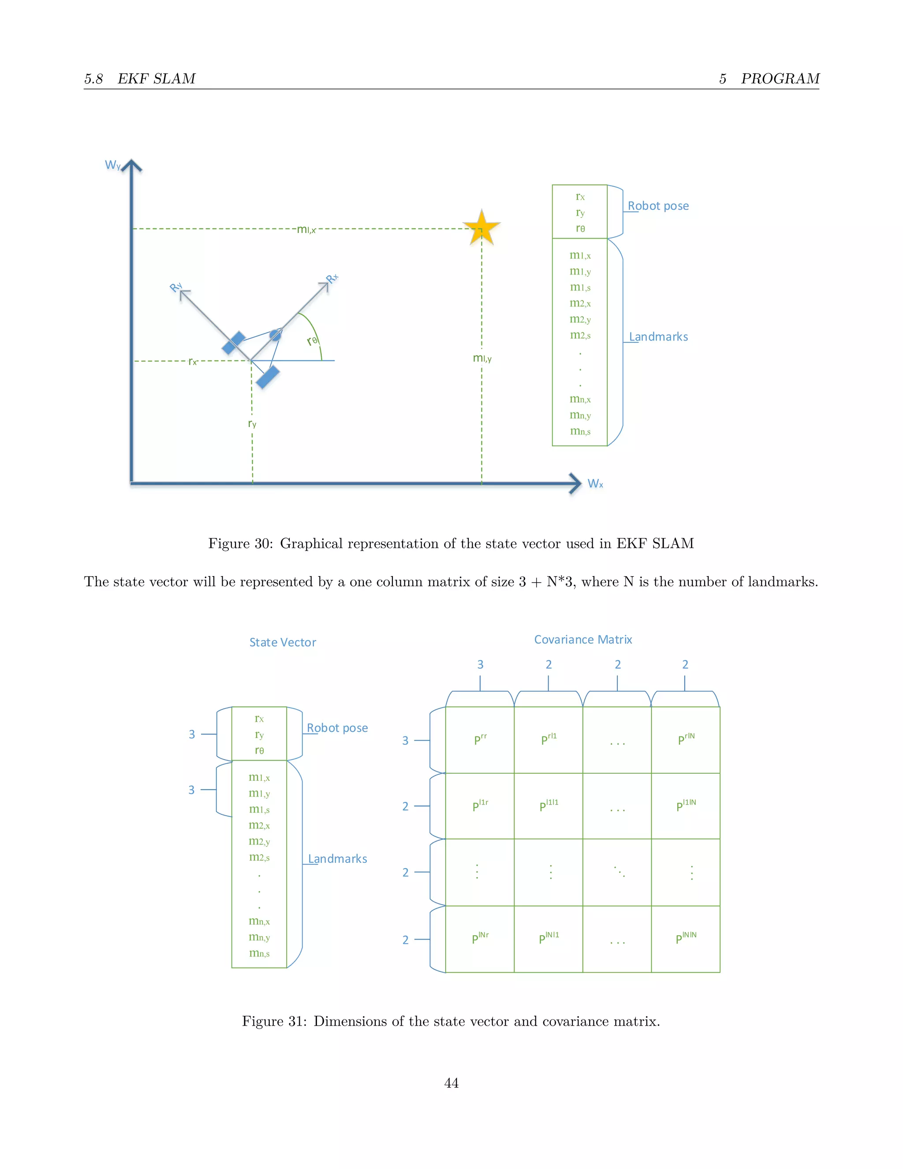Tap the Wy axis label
tap(112, 165)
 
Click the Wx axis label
tap(595, 484)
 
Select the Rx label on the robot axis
tap(332, 278)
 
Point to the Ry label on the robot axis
tap(176, 288)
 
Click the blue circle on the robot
tap(275, 335)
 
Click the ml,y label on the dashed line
tap(482, 358)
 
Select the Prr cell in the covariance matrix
tap(480, 740)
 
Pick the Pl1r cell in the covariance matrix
tap(480, 806)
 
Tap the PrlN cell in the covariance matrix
tap(686, 740)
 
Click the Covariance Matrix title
tap(582, 640)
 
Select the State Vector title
tap(283, 642)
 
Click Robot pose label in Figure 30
tap(658, 206)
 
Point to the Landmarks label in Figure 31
tap(338, 859)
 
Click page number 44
tap(451, 1083)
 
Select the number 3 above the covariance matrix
tap(480, 665)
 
